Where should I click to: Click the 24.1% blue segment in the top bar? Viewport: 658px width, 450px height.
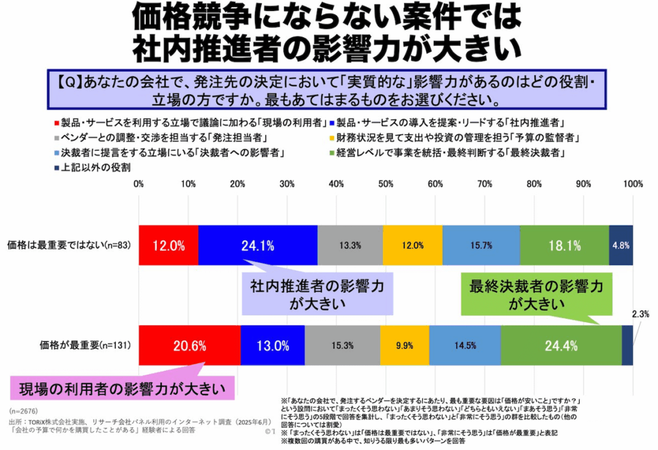point(258,245)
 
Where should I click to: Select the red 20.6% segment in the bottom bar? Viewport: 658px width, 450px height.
point(189,345)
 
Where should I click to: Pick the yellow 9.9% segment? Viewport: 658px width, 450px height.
point(404,345)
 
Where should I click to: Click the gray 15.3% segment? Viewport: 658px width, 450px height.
point(342,345)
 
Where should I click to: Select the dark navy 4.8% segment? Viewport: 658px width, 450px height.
point(621,245)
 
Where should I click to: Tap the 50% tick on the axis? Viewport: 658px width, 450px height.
point(386,184)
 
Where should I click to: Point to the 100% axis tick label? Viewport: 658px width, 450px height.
point(633,184)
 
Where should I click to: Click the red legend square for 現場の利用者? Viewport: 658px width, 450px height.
point(56,122)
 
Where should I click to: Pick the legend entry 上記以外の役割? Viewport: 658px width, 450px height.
point(96,168)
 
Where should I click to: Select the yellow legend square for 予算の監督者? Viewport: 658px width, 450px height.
point(330,138)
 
